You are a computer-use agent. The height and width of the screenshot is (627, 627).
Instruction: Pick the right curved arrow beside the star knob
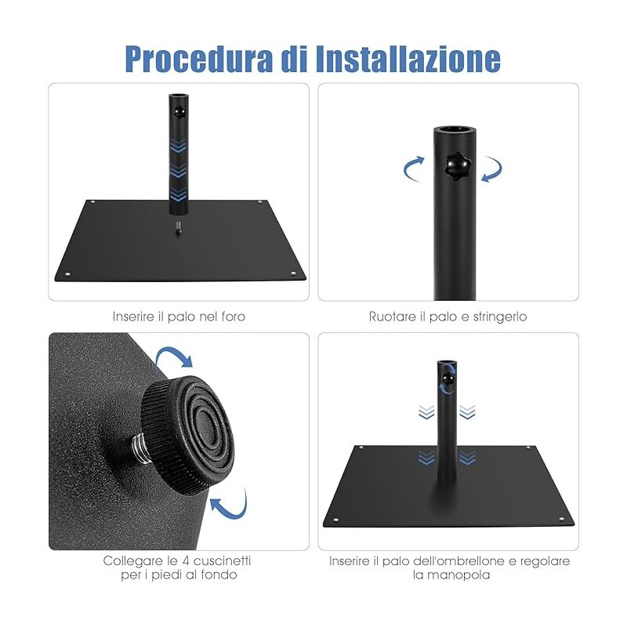pyautogui.click(x=491, y=169)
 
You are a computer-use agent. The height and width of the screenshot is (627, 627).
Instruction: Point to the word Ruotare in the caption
pyautogui.click(x=390, y=317)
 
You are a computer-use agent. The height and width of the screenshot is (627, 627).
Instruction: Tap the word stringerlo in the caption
pyautogui.click(x=498, y=317)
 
